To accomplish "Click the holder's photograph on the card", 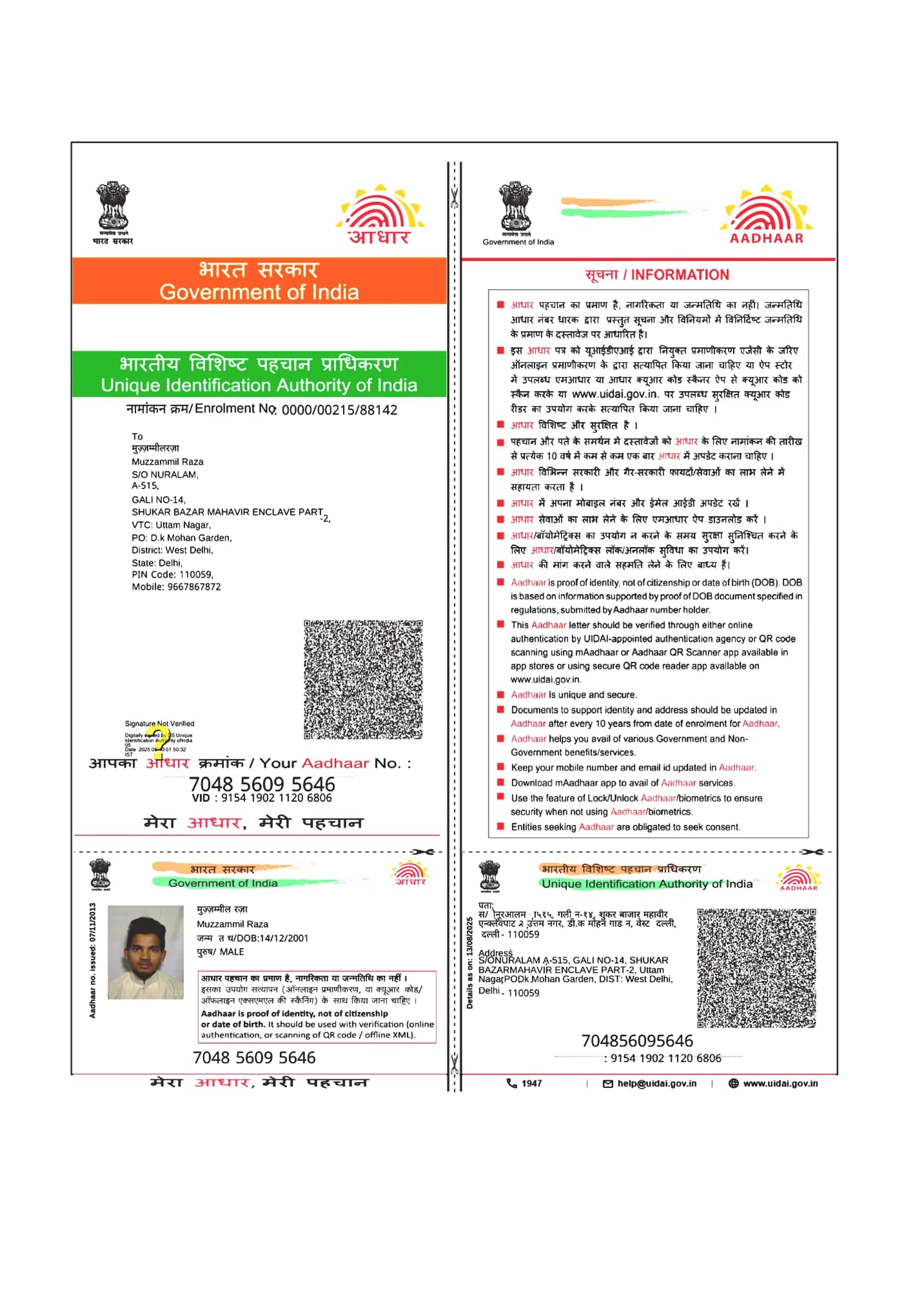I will coord(145,952).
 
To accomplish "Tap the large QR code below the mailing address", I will coord(363,679).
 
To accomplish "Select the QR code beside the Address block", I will coord(756,968).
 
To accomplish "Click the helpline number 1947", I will coord(532,1083).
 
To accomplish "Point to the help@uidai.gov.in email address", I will coord(657,1083).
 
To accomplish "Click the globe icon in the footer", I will coord(733,1083).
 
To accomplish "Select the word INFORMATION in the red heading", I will coord(680,275).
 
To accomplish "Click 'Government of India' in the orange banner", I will coord(259,292).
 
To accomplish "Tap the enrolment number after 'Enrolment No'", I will coord(339,410).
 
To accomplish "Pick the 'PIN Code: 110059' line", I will coord(172,575).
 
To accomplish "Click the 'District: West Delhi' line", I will coord(172,550).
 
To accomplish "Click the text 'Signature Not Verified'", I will coord(159,724).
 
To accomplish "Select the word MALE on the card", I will coord(232,952).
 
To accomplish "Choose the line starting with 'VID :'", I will coord(261,798).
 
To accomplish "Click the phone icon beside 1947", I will coord(512,1083).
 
